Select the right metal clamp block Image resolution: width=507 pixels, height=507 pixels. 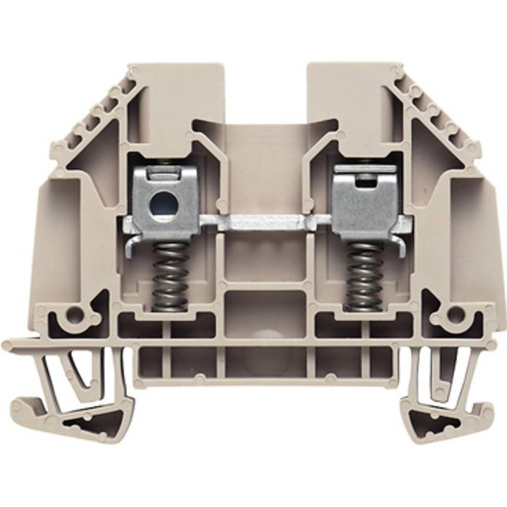click(x=362, y=199)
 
